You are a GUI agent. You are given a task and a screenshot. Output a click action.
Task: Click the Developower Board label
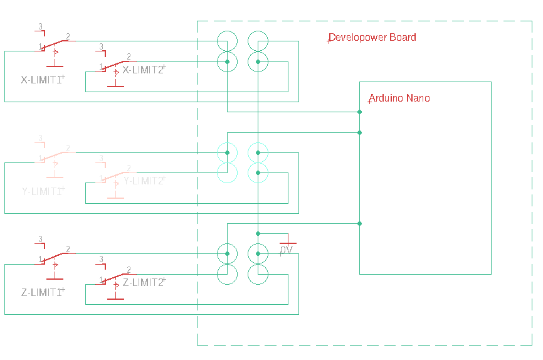point(372,38)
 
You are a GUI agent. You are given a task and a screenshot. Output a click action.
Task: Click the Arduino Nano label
point(399,98)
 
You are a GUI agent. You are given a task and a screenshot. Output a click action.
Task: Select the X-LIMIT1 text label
point(42,80)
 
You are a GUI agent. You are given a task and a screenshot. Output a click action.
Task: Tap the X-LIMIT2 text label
point(143,70)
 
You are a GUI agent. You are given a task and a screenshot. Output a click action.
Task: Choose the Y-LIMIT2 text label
point(144,181)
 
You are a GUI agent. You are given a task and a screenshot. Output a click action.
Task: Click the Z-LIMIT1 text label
point(42,292)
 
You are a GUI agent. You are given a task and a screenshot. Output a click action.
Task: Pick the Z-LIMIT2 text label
point(143,282)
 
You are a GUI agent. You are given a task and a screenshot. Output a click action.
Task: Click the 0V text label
point(286,250)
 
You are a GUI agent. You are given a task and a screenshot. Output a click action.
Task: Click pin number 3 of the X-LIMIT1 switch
point(41,26)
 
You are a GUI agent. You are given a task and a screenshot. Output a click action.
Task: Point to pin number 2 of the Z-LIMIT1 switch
point(68,248)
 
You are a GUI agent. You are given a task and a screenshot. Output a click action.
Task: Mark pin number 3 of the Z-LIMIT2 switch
point(101,258)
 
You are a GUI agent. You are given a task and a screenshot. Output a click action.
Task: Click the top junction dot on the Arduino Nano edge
point(359,112)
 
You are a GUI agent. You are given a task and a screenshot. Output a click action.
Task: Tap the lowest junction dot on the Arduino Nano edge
point(359,223)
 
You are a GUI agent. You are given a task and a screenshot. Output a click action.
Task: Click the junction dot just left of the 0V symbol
point(258,233)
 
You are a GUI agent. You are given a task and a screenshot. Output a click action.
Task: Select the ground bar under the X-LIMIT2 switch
point(115,87)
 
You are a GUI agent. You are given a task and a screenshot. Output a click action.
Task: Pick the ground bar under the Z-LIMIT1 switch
point(55,278)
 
